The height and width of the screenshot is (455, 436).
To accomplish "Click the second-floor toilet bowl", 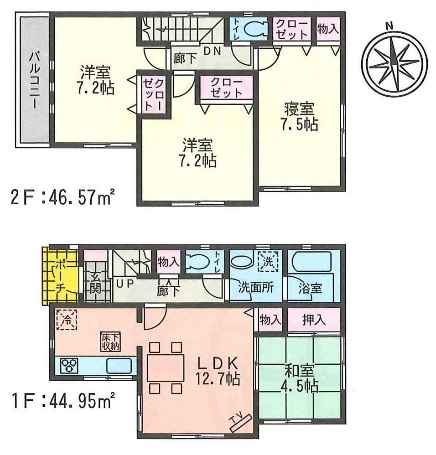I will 255,29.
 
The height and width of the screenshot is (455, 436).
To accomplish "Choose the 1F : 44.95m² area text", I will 62,403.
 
